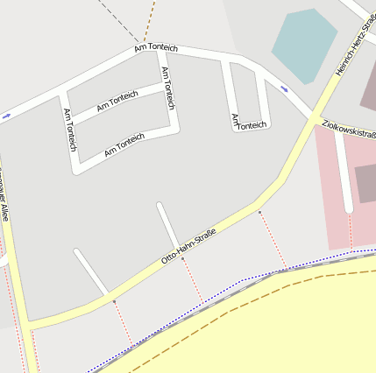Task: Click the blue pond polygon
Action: pos(303,44)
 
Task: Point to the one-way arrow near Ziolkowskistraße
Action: pos(284,88)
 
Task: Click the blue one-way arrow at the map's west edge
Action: pos(6,116)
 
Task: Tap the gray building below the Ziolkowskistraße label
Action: pos(365,183)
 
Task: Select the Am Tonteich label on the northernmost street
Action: pos(156,46)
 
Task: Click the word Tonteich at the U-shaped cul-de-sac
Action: pos(252,125)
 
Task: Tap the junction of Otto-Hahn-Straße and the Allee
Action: pos(30,326)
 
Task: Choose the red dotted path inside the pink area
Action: pos(351,232)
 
